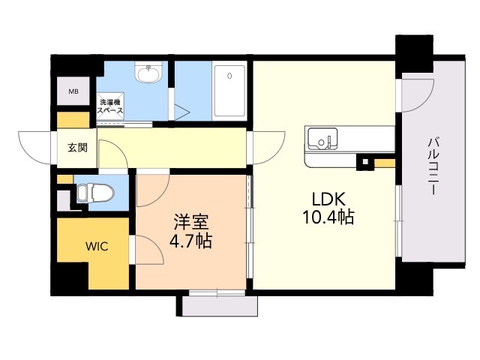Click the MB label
[73, 91]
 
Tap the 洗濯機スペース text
[110, 106]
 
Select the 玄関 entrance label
[77, 148]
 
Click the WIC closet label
[97, 246]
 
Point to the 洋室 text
[191, 222]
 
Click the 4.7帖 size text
[190, 241]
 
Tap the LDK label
[328, 199]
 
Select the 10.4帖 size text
[328, 217]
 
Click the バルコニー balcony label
[433, 166]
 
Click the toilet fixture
[95, 193]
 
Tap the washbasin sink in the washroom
[148, 73]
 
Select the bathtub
[229, 91]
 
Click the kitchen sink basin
[322, 139]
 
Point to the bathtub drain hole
[229, 75]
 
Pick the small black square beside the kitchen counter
[365, 161]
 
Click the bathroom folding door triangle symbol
[182, 112]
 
